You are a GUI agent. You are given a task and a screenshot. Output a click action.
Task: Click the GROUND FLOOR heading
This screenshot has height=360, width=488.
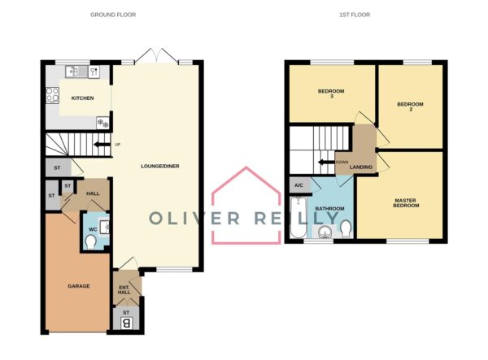point(113,15)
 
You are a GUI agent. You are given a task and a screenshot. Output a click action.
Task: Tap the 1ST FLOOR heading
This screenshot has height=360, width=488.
point(355,15)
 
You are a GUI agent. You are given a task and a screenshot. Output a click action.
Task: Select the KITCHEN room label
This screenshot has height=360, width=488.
point(82,98)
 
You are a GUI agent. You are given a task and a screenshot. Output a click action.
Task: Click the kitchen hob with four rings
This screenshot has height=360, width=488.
point(52,95)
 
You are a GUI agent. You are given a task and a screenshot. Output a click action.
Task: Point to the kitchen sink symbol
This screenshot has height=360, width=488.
point(76,72)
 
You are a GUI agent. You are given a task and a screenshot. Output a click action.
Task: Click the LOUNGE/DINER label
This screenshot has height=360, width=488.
point(160,167)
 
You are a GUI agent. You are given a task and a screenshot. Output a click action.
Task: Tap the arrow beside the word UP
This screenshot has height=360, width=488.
point(102,145)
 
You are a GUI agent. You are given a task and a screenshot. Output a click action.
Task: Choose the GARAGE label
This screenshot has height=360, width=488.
point(79,286)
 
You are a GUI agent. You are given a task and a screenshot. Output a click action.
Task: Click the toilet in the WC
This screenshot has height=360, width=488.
point(90,242)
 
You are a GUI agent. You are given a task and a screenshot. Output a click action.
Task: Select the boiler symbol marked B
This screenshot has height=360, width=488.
point(127,323)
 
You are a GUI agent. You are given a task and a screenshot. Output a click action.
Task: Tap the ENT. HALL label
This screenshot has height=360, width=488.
point(124,290)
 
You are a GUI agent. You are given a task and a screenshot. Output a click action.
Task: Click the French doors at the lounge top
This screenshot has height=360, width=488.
point(156,56)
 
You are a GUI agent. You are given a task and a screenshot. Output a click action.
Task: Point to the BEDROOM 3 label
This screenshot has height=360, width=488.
point(331,93)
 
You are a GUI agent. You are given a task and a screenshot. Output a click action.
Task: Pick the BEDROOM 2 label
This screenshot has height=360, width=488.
point(410,106)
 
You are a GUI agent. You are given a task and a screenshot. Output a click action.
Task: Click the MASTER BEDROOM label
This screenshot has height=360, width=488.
point(406,203)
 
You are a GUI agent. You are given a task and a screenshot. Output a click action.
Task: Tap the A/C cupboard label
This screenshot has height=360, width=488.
point(298,185)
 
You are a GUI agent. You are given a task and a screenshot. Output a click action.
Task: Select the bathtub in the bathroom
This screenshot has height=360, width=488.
point(298,217)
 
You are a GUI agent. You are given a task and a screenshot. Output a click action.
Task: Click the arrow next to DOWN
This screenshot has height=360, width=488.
point(326,162)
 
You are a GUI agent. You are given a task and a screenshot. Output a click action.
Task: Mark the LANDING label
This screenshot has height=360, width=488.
point(360,167)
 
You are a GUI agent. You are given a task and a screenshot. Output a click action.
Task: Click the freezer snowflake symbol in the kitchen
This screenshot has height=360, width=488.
point(103,122)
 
